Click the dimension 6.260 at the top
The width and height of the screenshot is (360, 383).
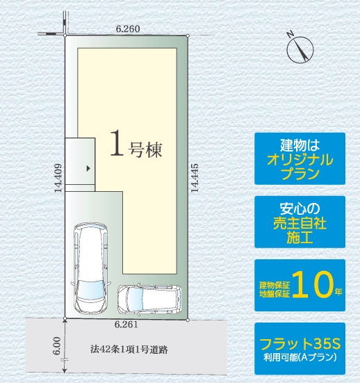pos(128,28)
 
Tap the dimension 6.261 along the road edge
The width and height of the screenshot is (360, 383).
pos(126,325)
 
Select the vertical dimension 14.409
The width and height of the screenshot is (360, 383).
pos(58,178)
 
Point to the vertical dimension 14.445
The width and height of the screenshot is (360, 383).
pos(195,178)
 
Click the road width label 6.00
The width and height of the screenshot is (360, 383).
pos(57,346)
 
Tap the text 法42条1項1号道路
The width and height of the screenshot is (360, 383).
pos(129,350)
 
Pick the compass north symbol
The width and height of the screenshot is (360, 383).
pos(300,49)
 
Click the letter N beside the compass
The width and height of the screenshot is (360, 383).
pos(290,34)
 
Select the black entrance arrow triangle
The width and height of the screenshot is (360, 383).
pos(88,168)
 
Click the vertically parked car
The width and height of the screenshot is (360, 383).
pos(90,268)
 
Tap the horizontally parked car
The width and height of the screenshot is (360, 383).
pos(149,299)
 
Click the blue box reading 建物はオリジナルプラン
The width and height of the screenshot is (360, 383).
pos(300,158)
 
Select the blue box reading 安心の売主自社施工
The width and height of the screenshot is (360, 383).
pos(300,222)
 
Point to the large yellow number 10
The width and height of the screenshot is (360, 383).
pos(312,284)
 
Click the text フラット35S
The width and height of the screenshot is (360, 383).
pos(300,343)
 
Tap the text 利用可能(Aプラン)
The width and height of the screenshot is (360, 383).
pos(300,358)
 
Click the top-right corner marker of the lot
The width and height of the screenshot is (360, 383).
pos(188,35)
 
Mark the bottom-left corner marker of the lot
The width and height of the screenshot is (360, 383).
pos(65,318)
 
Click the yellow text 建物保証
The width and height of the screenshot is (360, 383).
pos(275,285)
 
